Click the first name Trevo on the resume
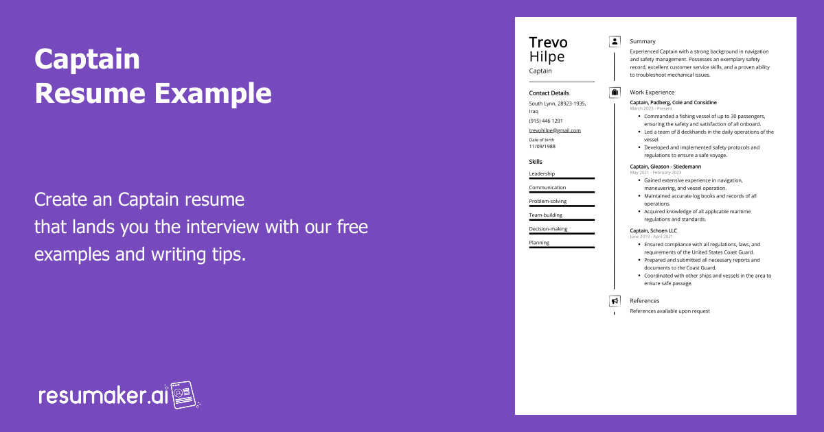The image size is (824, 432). pos(548,43)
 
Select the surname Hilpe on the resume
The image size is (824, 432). pos(547,57)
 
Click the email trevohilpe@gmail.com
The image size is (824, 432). pos(555,130)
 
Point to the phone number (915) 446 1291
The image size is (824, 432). pos(545,121)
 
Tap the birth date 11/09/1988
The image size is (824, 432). pos(542,146)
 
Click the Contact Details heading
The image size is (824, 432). pos(549,93)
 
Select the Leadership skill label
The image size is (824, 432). pos(542,173)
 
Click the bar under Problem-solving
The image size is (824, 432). pos(562,206)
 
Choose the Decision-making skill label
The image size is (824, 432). pos(548,229)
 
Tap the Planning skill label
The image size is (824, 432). pos(538,243)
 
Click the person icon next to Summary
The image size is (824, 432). pos(615,41)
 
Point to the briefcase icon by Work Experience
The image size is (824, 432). pos(615,92)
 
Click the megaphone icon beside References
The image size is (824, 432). pos(615,300)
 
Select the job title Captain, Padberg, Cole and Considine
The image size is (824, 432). pos(673,102)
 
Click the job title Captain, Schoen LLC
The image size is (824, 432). pos(653,230)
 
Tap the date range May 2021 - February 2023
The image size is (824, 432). pos(655,172)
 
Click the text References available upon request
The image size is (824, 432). pos(669,311)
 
